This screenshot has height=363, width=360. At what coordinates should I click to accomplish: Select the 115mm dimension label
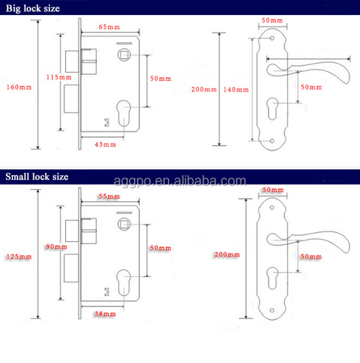pos(57,78)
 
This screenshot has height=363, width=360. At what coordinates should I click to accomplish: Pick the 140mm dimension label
pos(236,88)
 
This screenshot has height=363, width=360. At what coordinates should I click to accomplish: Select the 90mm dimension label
pos(54,246)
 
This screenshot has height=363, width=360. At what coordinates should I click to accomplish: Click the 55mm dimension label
pos(109,197)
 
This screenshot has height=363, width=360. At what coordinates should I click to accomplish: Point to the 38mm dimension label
pos(104,312)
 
